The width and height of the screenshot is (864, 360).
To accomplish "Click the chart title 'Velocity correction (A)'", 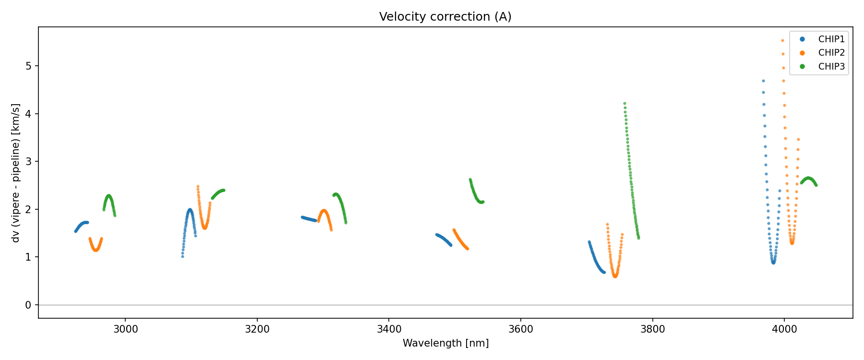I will (x=445, y=17).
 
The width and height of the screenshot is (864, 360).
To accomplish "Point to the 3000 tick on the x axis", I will (x=125, y=329).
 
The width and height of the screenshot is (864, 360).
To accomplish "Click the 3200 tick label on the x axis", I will (x=257, y=329).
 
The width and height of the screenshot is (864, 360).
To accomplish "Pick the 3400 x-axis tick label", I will (x=389, y=329).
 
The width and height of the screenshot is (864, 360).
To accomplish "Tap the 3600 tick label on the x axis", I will (x=521, y=329).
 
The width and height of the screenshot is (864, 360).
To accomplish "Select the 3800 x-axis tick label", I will (x=652, y=329).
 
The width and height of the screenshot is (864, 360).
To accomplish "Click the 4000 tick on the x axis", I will (x=784, y=329).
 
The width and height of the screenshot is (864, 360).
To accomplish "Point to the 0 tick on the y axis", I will (x=29, y=305).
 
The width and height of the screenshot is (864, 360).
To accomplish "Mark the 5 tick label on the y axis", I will (x=29, y=66).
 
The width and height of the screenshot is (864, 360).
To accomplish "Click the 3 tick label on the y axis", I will (x=29, y=161).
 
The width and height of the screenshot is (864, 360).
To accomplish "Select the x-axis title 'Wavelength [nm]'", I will (x=445, y=343).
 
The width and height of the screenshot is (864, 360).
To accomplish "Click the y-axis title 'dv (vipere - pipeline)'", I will (x=16, y=173).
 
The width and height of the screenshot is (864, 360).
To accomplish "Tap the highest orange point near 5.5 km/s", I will (x=782, y=41).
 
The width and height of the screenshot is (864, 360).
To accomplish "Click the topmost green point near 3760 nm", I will (x=624, y=103).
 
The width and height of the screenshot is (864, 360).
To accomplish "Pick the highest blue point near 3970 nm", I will (x=763, y=81).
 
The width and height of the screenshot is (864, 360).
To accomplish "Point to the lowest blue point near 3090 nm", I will (x=182, y=256).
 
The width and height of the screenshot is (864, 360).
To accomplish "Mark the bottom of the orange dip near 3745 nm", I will (x=615, y=276).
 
